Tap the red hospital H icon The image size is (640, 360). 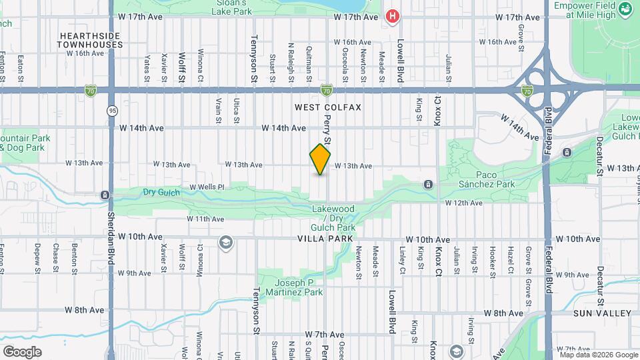(x=393, y=17)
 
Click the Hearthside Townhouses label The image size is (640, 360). (x=90, y=40)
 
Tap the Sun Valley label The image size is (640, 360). (x=601, y=313)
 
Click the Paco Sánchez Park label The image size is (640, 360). (x=487, y=179)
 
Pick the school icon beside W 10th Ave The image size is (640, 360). (x=226, y=242)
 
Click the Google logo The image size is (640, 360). (x=22, y=351)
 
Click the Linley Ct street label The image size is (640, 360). (x=403, y=260)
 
